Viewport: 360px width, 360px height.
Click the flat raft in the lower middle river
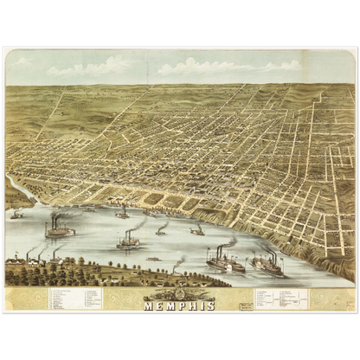pyautogui.click(x=154, y=258)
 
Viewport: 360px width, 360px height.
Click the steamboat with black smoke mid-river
pyautogui.click(x=128, y=241)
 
